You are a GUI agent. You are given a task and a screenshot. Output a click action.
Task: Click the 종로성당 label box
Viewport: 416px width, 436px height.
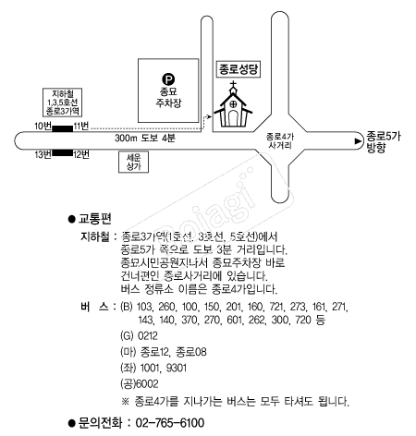[x=239, y=69]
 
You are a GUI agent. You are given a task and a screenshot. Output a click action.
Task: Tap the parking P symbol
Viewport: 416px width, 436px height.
[x=168, y=79]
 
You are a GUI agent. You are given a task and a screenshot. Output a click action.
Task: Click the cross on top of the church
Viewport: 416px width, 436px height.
[x=234, y=84]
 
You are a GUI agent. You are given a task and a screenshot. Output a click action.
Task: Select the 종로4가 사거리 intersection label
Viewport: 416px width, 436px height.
[x=280, y=140]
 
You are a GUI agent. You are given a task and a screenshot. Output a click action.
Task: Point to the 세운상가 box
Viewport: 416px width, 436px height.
[x=134, y=162]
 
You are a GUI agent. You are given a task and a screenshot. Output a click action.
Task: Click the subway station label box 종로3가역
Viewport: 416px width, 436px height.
[x=62, y=103]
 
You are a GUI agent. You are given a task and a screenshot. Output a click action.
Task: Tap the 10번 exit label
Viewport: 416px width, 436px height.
[x=43, y=127]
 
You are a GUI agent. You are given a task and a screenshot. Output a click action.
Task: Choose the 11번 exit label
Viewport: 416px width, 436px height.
[x=81, y=126]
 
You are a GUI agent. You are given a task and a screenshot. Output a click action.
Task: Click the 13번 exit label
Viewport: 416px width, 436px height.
[x=43, y=154]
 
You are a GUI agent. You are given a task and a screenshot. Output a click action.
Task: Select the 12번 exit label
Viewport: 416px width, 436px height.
[x=81, y=154]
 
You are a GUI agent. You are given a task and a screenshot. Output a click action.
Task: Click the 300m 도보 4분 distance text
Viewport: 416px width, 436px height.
[x=145, y=138]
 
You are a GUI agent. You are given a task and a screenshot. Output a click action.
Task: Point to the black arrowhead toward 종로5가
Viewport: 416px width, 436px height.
[x=358, y=141]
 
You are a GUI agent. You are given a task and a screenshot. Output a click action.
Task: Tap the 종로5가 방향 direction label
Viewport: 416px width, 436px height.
[x=383, y=142]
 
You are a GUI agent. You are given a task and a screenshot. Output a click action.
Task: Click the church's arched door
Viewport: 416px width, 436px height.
[x=233, y=118]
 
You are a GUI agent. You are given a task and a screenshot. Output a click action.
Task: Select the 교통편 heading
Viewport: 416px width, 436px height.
[x=94, y=219]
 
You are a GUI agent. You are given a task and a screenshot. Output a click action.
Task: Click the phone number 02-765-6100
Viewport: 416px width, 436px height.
[x=170, y=423]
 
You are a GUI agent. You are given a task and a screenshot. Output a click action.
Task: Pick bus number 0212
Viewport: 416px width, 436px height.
[x=148, y=335]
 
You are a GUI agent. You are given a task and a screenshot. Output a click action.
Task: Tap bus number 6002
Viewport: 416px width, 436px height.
[x=147, y=383]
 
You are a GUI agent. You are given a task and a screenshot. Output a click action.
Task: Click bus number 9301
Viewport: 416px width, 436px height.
[x=177, y=368]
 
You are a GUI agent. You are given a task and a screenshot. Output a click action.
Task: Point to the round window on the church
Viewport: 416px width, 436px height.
[x=234, y=104]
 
